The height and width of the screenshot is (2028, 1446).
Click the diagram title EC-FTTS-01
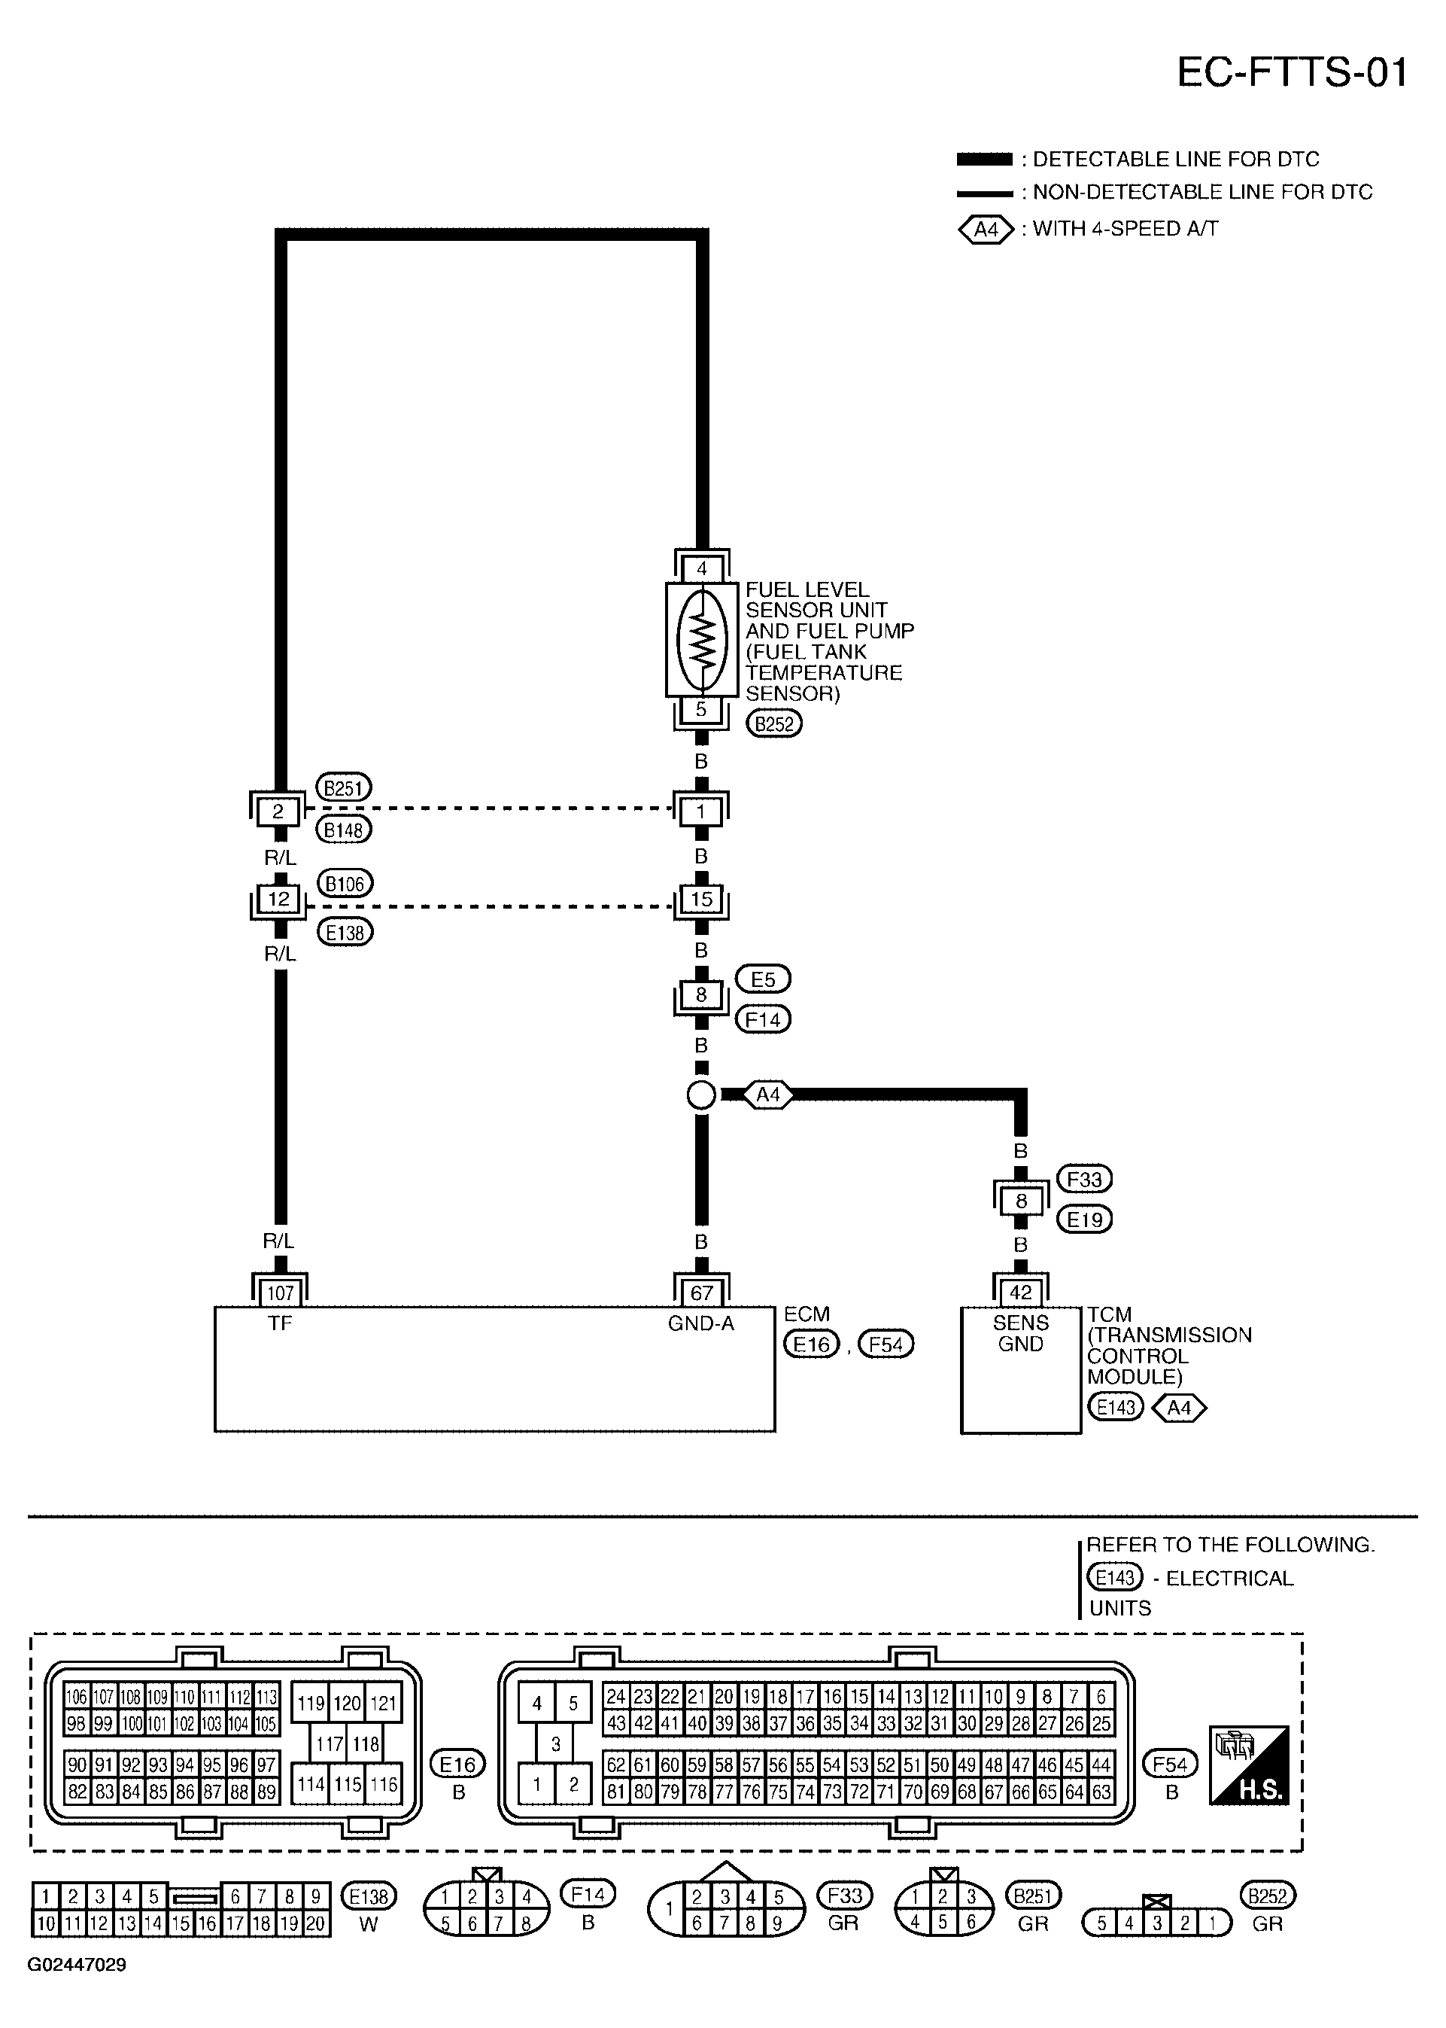click(x=1292, y=73)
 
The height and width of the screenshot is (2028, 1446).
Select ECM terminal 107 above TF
click(x=280, y=1293)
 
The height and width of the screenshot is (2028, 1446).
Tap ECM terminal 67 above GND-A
click(x=702, y=1293)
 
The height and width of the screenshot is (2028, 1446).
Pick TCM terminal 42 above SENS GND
click(x=1020, y=1293)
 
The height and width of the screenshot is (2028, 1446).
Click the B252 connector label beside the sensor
click(x=773, y=723)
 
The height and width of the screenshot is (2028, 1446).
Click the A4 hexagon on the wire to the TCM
click(x=767, y=1095)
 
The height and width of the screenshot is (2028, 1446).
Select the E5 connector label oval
click(x=763, y=979)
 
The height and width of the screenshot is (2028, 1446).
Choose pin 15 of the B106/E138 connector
click(x=702, y=899)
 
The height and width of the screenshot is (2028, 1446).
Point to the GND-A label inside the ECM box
click(x=702, y=1324)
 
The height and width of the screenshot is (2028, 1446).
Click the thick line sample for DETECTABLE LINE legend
click(x=984, y=160)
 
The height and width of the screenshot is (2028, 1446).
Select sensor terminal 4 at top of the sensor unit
click(x=702, y=568)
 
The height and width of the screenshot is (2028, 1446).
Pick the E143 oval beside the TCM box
click(x=1115, y=1407)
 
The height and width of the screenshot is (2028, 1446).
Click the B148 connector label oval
click(x=344, y=830)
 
